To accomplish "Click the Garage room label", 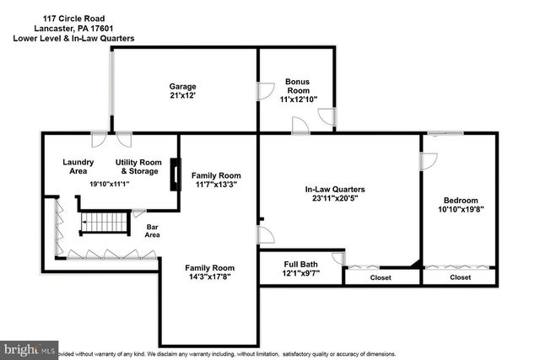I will coord(182,87).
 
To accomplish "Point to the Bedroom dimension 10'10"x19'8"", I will coord(461,209).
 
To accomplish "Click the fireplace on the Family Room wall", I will coord(175,175).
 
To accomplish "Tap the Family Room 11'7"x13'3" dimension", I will coord(214,185).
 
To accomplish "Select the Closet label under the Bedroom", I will coord(461,277).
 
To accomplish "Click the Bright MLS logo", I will coord(30,349).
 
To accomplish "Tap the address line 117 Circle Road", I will coord(71,16).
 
